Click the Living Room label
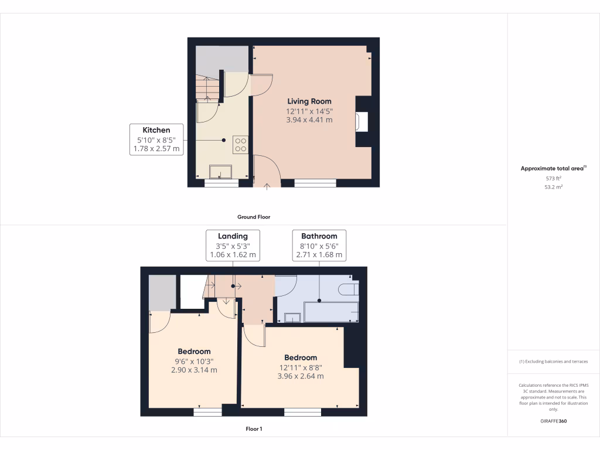point(309,101)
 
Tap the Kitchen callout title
point(156,130)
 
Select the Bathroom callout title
point(319,236)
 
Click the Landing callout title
point(233,236)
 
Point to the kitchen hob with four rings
point(240,144)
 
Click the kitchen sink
point(221,171)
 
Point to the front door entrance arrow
point(267,187)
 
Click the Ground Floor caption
point(254,217)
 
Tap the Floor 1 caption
point(254,429)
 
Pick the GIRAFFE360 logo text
point(553,421)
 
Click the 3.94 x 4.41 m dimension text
point(309,120)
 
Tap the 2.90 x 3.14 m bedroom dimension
point(194,370)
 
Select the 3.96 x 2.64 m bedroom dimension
point(301,376)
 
